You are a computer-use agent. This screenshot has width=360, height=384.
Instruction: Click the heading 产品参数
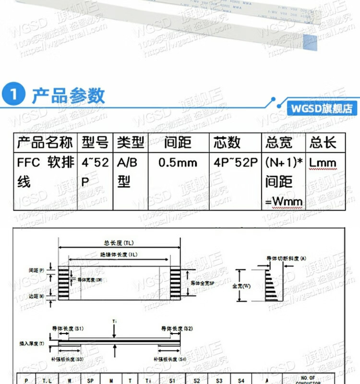point(68,96)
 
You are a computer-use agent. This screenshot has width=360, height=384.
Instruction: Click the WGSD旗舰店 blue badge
point(321,108)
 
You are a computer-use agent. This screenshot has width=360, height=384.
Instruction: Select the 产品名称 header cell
point(45,143)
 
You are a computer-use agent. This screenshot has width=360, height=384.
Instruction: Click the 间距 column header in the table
point(178,143)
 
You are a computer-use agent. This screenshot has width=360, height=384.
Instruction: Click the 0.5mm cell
point(178,163)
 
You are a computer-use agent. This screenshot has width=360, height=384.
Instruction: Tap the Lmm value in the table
point(323,163)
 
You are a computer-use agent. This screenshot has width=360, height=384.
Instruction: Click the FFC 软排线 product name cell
point(45,172)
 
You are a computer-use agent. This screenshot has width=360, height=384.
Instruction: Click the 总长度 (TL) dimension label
point(119,242)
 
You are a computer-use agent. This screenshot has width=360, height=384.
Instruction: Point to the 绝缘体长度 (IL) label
point(119,254)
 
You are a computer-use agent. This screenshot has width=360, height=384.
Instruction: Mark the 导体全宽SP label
point(204,283)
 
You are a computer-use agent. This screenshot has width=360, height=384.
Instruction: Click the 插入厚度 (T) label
point(32,344)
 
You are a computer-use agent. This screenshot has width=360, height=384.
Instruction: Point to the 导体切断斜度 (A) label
point(287,259)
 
